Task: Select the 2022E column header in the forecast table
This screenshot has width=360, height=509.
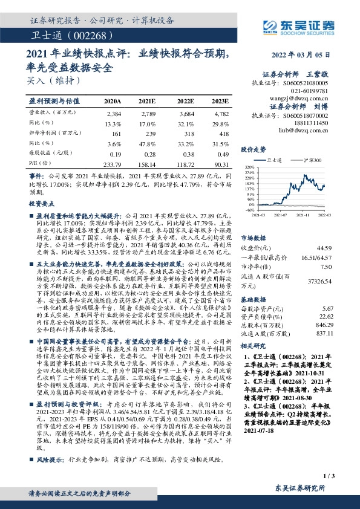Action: [185, 100]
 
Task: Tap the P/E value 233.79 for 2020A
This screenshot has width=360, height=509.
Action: [113, 164]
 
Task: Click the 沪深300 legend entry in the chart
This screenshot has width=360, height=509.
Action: [311, 160]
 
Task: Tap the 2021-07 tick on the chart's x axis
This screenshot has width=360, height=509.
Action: [281, 213]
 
